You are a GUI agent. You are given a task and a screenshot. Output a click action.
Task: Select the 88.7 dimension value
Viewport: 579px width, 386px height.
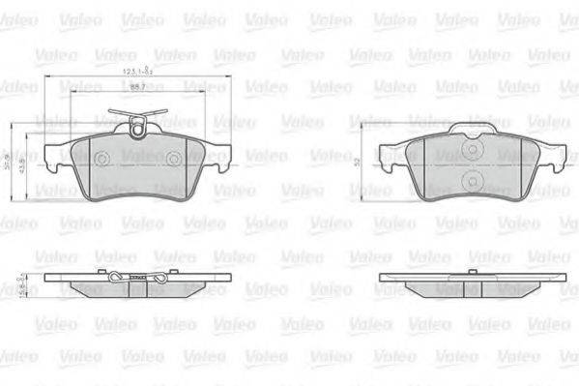tap(138, 88)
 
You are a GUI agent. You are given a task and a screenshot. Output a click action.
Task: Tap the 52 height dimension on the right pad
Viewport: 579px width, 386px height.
tap(356, 162)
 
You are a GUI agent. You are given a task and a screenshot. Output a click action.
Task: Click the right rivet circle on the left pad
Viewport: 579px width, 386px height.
tap(171, 159)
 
